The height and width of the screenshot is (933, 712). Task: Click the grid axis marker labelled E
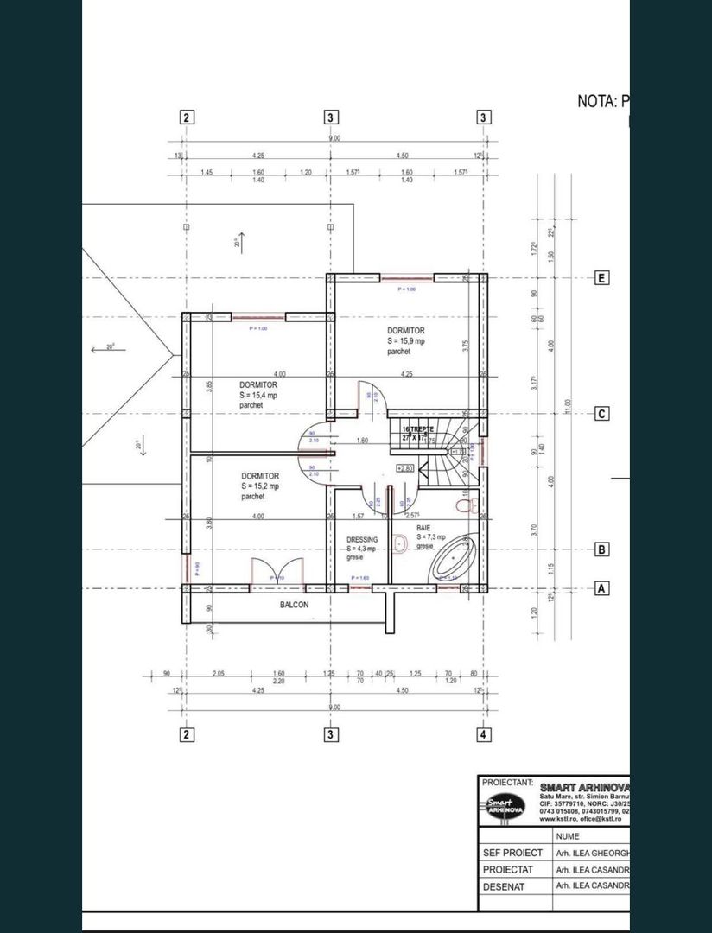tap(601, 278)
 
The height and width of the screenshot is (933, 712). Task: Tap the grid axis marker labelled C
tap(601, 414)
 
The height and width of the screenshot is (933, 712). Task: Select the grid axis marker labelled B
tap(601, 549)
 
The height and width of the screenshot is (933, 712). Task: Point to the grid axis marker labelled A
tap(601, 588)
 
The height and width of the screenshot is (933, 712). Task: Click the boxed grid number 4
tap(483, 735)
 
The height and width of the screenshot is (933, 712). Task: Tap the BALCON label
tap(294, 605)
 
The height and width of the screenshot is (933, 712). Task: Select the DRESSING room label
tap(362, 539)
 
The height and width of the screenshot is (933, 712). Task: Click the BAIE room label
tap(423, 526)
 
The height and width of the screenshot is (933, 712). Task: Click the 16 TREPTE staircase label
tap(418, 429)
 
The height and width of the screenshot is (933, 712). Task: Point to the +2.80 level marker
tap(404, 467)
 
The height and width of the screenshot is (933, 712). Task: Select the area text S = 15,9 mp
tap(405, 341)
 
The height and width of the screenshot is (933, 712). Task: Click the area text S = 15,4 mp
tap(258, 395)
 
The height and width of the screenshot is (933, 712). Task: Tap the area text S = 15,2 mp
tap(260, 486)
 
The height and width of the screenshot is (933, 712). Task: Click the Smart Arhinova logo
tap(506, 805)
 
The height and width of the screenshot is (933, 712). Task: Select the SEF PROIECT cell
tap(513, 853)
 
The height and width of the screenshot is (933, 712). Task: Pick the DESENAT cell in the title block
tap(510, 886)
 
